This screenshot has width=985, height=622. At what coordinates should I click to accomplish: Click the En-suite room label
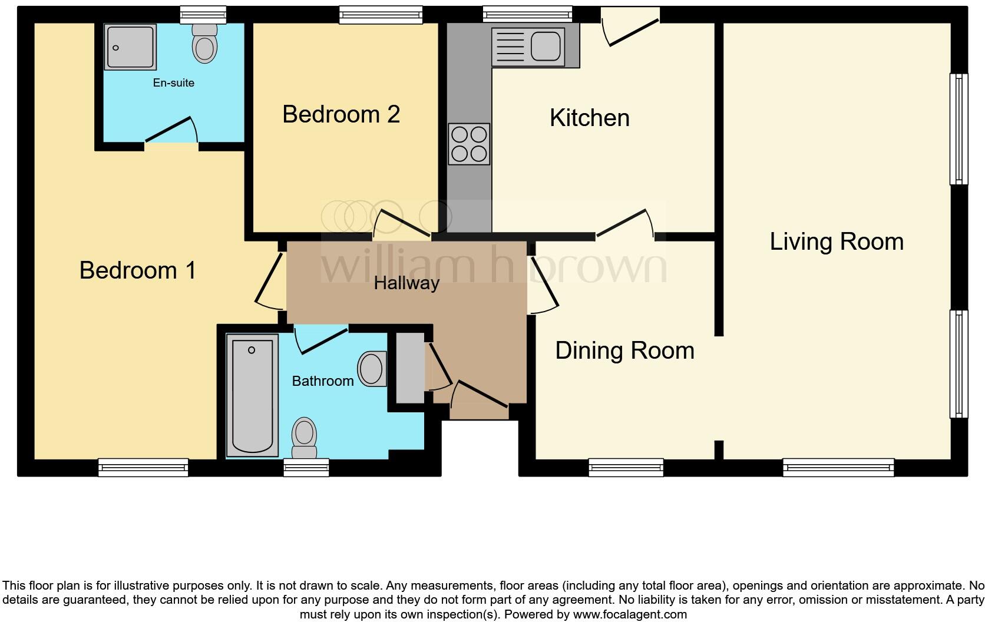coord(173,83)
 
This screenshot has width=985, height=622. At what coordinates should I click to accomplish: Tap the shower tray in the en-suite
coord(130,47)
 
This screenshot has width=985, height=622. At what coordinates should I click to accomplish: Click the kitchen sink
coord(545,47)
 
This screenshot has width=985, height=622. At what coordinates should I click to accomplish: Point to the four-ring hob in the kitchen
coord(469,144)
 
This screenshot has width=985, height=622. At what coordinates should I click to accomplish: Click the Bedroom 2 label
coord(341,114)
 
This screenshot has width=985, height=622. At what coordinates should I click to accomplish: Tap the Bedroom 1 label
coord(137,270)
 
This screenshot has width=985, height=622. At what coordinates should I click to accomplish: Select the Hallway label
coord(406,283)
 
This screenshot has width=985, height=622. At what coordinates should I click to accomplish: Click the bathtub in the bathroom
coord(252,395)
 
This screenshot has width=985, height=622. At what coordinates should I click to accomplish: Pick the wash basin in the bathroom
coord(372,369)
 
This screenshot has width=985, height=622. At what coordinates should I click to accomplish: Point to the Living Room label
coord(836,241)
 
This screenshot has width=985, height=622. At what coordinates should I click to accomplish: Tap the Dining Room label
coord(624,351)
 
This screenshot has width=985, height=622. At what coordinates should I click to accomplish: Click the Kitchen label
coord(589,118)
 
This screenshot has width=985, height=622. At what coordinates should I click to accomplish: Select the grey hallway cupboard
coord(410,368)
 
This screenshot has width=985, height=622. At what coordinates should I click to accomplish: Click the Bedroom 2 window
coord(381,15)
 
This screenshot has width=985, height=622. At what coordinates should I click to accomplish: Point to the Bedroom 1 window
coord(143,468)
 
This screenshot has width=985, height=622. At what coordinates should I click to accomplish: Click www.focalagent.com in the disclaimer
coord(630,614)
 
